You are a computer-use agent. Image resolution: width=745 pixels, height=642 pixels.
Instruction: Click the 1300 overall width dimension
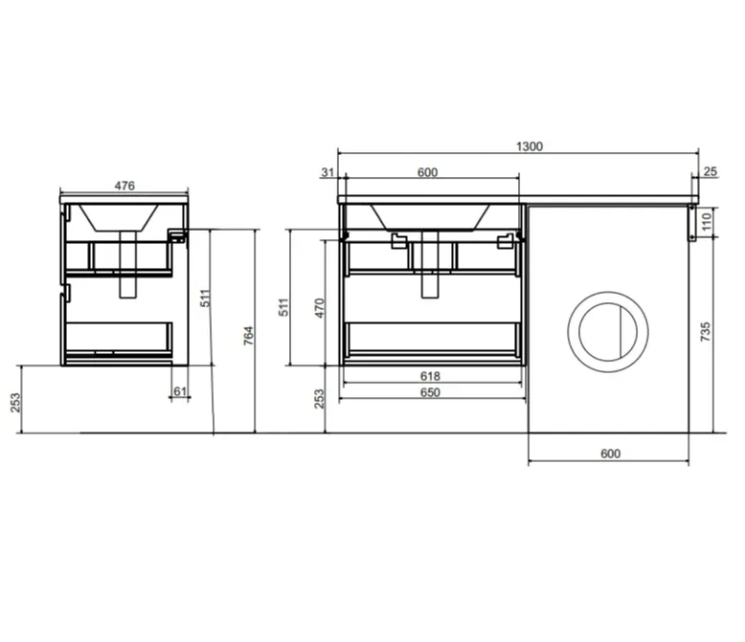[529, 146]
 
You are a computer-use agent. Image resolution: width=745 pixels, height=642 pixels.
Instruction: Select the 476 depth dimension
[124, 186]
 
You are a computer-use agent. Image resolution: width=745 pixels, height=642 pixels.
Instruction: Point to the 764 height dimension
[248, 335]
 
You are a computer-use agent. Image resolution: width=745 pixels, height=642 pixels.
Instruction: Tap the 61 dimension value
[180, 391]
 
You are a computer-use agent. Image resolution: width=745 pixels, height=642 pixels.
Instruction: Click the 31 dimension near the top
[327, 172]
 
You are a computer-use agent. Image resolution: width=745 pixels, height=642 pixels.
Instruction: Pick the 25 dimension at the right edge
[710, 171]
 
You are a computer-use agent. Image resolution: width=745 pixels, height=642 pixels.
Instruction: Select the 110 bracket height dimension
[706, 221]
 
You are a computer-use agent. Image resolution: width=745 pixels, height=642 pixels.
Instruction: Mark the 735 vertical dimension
[705, 331]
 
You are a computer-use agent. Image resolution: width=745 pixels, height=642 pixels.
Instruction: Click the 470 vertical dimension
[320, 308]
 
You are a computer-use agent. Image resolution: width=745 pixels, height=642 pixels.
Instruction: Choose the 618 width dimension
[430, 376]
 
